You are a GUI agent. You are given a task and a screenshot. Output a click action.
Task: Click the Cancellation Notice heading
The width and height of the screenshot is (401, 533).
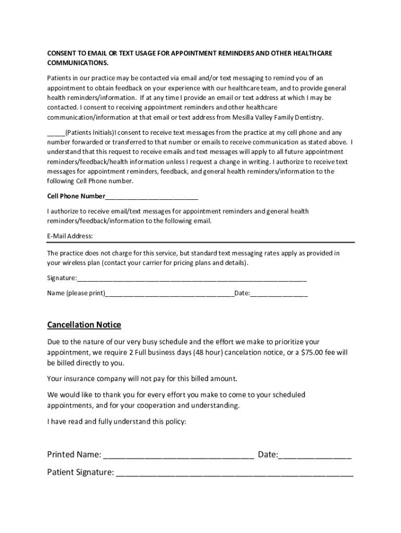[84, 325]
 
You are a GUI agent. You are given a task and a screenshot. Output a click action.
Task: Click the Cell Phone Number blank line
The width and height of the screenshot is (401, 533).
[152, 197]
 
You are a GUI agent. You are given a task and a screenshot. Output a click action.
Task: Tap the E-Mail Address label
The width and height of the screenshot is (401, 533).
[70, 236]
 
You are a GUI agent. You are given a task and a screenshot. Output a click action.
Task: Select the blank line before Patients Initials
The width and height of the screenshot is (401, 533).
[56, 133]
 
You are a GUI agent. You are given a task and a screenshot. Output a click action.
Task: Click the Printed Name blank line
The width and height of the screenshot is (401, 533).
[179, 455]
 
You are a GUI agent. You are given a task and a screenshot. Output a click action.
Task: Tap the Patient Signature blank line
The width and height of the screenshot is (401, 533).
[234, 473]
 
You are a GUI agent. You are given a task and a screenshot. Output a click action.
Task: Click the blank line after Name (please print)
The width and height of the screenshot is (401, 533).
[170, 293]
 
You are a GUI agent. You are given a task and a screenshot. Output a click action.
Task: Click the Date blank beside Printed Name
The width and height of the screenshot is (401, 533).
[315, 455]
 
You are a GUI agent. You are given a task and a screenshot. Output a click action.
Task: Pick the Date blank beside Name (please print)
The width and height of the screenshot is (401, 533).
[279, 293]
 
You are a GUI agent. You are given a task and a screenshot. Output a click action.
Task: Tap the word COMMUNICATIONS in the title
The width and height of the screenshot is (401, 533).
[78, 63]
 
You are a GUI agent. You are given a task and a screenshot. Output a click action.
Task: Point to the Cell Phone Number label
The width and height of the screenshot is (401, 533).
[76, 197]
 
